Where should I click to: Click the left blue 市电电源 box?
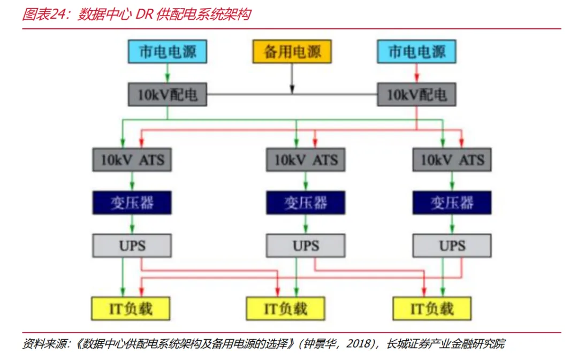[x=168, y=51]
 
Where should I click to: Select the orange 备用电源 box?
[x=292, y=52]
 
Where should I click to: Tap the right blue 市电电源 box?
[x=416, y=51]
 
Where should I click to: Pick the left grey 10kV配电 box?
[x=168, y=95]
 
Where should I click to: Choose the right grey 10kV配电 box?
[x=416, y=95]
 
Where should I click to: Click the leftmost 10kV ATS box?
[x=132, y=159]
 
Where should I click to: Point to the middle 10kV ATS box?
[x=306, y=159]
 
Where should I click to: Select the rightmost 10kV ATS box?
[x=452, y=159]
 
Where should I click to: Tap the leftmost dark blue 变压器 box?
[x=132, y=203]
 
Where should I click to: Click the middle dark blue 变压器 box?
[x=306, y=203]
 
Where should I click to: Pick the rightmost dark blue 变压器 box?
[x=452, y=203]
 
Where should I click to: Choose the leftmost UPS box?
[x=132, y=246]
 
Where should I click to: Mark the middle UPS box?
[x=306, y=246]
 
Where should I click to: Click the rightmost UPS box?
[x=452, y=246]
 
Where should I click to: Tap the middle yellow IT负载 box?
[x=285, y=309]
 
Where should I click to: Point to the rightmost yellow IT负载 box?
[x=432, y=309]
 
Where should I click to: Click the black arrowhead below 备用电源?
[x=292, y=89]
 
